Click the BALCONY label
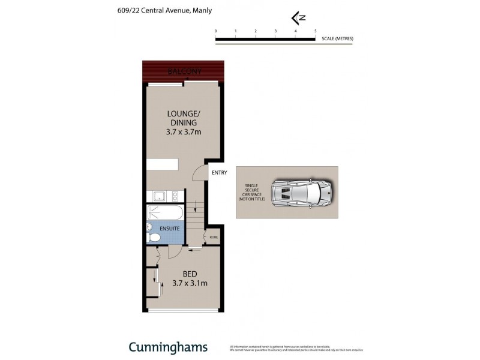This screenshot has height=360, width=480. [x=184, y=71]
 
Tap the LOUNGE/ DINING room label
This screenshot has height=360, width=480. [x=183, y=118]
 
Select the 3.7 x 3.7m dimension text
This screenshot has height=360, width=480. [x=183, y=132]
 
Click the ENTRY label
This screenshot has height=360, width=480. [x=219, y=173]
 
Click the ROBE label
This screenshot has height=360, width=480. [x=214, y=238]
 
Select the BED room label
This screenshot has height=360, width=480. [x=182, y=274]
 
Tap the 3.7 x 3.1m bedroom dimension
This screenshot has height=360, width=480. [x=190, y=283]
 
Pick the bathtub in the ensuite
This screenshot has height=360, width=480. [x=165, y=212]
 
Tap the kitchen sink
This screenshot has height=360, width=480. [x=159, y=196]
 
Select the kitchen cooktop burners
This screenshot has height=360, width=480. [x=175, y=196]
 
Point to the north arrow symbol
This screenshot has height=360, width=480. [x=295, y=17]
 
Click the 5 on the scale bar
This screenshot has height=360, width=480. [x=315, y=31]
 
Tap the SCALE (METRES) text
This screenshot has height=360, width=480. [x=338, y=39]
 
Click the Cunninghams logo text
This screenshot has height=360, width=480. [x=168, y=347]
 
